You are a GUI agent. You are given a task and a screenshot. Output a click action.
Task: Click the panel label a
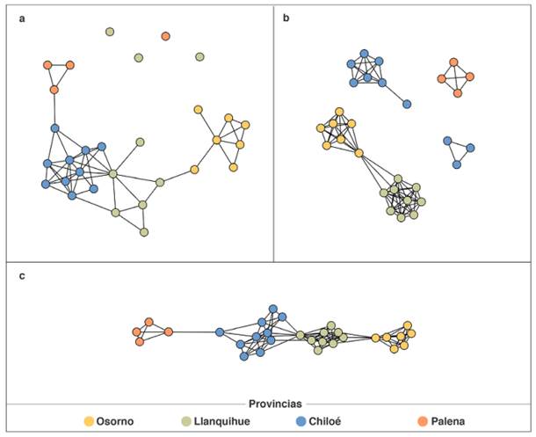point(21,18)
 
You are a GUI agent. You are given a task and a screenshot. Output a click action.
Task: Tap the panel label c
point(21,276)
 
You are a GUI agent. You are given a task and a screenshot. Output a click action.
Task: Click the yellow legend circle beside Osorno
point(89,421)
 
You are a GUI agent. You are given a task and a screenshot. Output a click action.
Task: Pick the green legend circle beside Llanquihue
point(186,421)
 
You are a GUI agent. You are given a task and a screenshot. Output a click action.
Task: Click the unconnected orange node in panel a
point(166,36)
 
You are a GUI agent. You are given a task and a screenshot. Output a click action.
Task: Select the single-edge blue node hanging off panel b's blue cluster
point(407,104)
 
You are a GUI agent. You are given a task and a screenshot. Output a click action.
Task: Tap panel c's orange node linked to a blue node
point(168,331)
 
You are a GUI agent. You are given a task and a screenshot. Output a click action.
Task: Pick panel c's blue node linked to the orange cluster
point(220,331)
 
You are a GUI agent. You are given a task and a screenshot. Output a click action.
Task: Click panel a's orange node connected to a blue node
point(54,90)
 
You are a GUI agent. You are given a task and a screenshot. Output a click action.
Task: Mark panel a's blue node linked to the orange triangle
point(54,128)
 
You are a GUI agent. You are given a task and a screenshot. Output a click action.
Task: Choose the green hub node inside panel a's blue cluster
point(113,174)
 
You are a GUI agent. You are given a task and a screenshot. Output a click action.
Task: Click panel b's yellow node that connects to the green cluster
point(359,153)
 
